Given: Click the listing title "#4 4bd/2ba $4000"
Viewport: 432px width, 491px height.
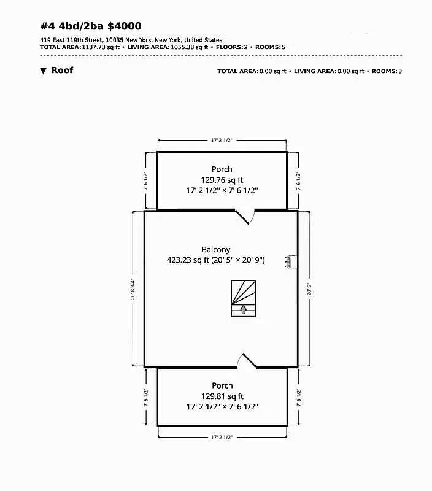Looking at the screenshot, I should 91,26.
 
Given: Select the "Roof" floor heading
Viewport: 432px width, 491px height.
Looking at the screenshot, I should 62,70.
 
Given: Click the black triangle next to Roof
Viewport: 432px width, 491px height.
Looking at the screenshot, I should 43,71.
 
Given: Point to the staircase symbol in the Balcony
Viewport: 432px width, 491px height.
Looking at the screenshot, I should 243,298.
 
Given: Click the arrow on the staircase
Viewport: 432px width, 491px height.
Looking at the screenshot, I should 243,309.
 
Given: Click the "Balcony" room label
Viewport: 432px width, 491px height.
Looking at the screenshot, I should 216,249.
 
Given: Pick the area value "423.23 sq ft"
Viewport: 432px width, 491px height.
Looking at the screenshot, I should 188,260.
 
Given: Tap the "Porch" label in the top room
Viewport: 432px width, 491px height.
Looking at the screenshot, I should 222,169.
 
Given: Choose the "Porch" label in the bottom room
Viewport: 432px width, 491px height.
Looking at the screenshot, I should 222,385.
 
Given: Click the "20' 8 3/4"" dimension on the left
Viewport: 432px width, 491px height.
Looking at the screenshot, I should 133,288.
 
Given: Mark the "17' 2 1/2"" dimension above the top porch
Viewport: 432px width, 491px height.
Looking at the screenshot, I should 222,141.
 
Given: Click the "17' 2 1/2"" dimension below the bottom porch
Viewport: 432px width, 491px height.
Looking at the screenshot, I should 222,437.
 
